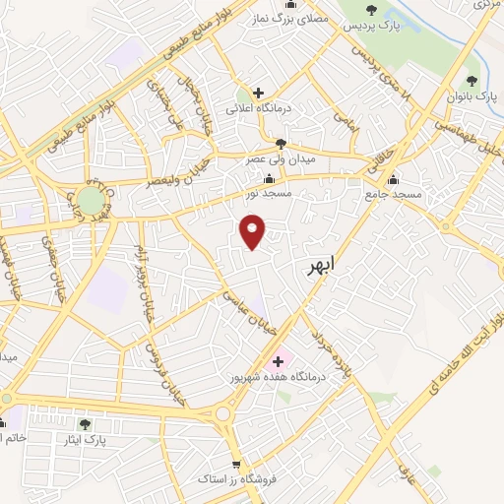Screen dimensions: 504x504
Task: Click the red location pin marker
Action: point(254,233)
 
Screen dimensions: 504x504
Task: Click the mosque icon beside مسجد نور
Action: point(270,178)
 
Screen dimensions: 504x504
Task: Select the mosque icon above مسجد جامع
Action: point(394,179)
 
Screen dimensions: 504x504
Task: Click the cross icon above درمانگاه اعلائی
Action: point(258,94)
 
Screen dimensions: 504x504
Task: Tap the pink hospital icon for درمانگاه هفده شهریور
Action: point(278,361)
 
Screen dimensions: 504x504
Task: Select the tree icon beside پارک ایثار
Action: point(85,423)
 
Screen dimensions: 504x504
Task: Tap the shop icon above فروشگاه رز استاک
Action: point(235,465)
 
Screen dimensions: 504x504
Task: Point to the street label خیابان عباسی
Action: point(245,308)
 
